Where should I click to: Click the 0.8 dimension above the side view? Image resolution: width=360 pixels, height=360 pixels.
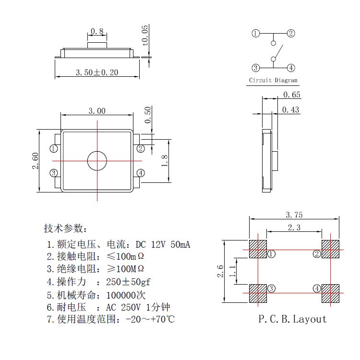point(97,32)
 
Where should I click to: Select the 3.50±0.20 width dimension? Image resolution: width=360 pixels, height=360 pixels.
point(97,72)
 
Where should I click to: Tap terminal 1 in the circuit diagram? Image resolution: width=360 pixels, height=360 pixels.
point(256,34)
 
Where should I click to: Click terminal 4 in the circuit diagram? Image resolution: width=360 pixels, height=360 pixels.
point(291,68)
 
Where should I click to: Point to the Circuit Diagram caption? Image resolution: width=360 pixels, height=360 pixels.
point(273,81)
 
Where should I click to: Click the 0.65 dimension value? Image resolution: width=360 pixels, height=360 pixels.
point(292,95)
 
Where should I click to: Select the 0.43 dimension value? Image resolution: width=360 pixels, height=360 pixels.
point(290,110)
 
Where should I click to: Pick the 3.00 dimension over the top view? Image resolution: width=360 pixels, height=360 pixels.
point(97,111)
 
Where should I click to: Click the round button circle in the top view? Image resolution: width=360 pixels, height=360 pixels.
point(97,160)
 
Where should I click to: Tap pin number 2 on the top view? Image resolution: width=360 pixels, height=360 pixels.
point(140,149)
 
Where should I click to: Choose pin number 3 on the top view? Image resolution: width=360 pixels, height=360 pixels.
point(54,173)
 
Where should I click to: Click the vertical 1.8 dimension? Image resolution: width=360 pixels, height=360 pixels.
point(164,161)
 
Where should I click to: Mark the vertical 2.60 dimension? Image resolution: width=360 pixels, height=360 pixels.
point(35,161)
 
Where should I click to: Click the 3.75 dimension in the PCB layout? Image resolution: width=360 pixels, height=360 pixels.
point(294,215)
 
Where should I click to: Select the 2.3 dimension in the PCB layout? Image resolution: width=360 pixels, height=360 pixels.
point(294,228)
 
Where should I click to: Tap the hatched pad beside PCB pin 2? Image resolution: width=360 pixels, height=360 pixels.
point(331,249)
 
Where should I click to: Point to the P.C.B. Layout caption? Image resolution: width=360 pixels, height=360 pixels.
point(292,319)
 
